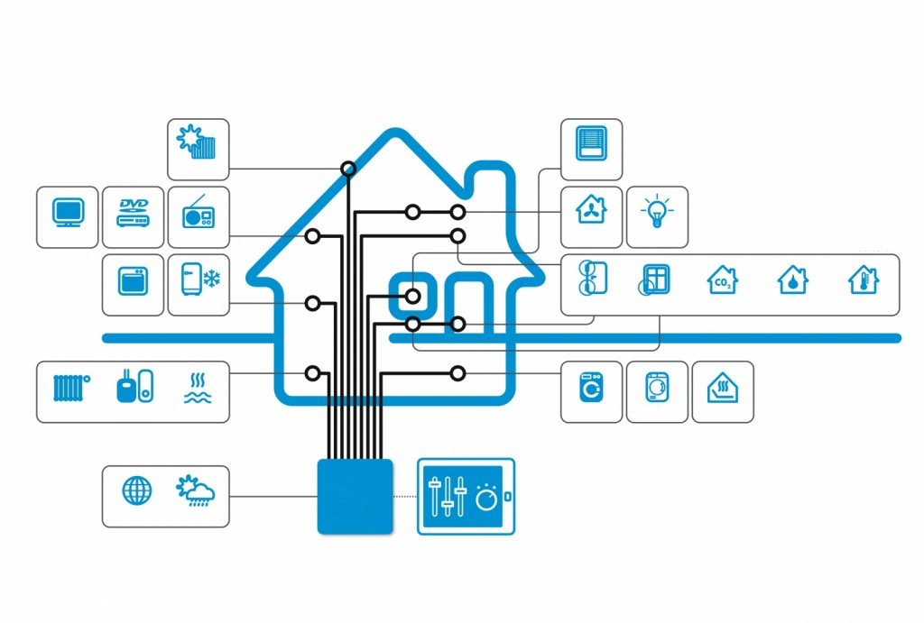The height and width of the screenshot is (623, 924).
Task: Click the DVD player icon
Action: pos(134,213)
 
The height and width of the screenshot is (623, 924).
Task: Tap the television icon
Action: pos(68,213)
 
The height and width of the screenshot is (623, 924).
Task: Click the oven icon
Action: pos(134,281)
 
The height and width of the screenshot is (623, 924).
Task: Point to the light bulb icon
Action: pos(657,211)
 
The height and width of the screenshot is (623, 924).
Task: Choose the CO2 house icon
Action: pos(723,279)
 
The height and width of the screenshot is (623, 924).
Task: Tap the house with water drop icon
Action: pos(792,279)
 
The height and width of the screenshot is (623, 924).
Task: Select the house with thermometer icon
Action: pos(864,279)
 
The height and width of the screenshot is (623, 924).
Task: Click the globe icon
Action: pos(137,490)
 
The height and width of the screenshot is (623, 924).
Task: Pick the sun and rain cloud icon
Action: pos(195,490)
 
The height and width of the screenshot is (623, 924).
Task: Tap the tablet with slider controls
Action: pos(466,497)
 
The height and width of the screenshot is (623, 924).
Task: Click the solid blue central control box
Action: pos(355,497)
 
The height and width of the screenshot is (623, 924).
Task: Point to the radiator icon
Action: pos(71,388)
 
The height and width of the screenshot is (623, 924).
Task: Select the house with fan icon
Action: pos(591,210)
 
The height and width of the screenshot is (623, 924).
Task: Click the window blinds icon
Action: pos(591,143)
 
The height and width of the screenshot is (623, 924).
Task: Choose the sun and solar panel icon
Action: pos(196,142)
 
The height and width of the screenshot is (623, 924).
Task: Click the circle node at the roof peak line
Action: pos(348,169)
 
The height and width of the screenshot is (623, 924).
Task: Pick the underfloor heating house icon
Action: pos(723,388)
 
